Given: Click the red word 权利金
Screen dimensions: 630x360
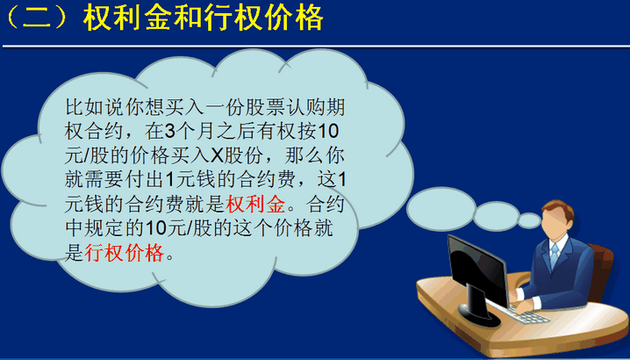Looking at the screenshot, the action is pyautogui.click(x=255, y=205).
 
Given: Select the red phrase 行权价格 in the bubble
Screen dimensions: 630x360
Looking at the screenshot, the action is pyautogui.click(x=124, y=253).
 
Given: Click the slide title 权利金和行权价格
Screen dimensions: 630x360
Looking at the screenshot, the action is pyautogui.click(x=204, y=18).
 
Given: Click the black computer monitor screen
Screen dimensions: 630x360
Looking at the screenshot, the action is pyautogui.click(x=477, y=271).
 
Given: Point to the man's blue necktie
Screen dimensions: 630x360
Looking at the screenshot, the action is pyautogui.click(x=555, y=256).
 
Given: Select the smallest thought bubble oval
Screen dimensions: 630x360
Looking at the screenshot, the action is pyautogui.click(x=529, y=220).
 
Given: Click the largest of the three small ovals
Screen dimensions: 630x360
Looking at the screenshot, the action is pyautogui.click(x=441, y=208).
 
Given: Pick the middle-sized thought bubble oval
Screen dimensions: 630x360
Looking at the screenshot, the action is pyautogui.click(x=497, y=216).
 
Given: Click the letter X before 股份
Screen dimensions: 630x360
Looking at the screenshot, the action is pyautogui.click(x=217, y=156).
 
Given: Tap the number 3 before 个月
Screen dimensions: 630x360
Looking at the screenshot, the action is pyautogui.click(x=169, y=132).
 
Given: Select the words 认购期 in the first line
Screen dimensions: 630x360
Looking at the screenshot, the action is pyautogui.click(x=315, y=107).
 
